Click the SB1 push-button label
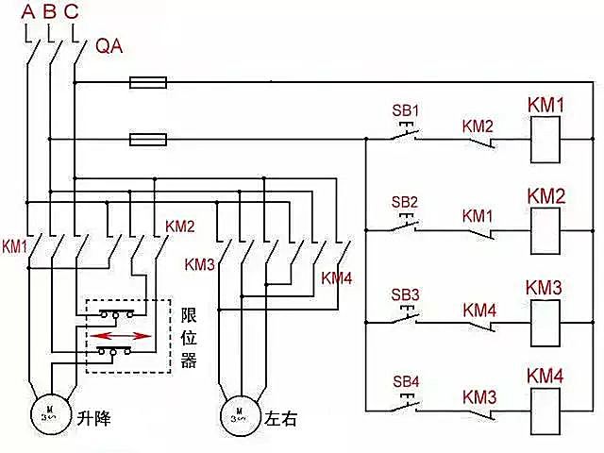pyautogui.click(x=405, y=109)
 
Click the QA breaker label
pyautogui.click(x=109, y=46)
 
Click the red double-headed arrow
pyautogui.click(x=125, y=334)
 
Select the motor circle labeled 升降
pyautogui.click(x=47, y=412)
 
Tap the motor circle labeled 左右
pyautogui.click(x=240, y=412)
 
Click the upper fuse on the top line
pyautogui.click(x=148, y=83)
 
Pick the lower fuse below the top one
pyautogui.click(x=148, y=140)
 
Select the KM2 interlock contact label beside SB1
pyautogui.click(x=478, y=125)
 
